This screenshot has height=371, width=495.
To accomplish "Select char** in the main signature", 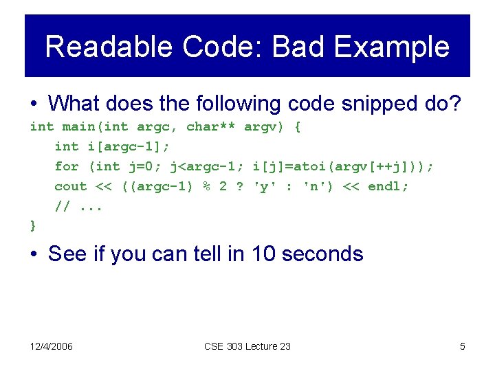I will coord(210,126).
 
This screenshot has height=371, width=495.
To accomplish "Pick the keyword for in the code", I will coord(67,166).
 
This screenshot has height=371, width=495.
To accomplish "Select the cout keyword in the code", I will coord(71,186).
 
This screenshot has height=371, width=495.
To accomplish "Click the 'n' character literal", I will coord(313,186).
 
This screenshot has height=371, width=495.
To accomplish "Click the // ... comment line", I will coord(78,206).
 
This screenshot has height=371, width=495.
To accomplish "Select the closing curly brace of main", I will coord(33,225).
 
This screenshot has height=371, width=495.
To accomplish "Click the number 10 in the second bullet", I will coord(264,254).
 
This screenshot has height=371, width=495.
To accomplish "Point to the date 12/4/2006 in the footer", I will coord(50,346).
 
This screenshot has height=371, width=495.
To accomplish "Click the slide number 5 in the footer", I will coord(462,346).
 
